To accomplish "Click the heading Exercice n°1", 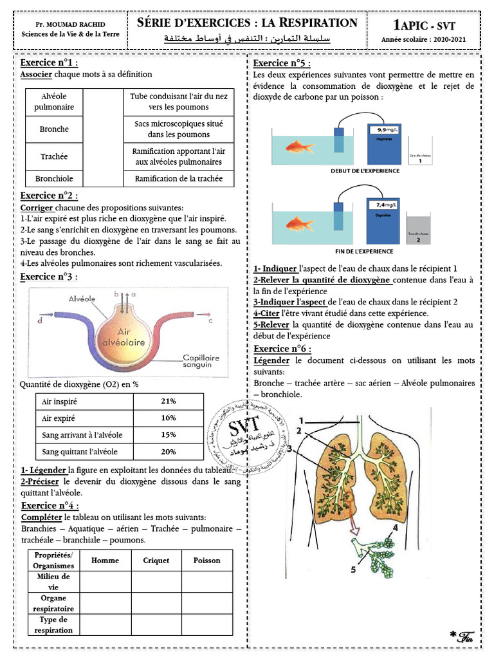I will pos(50,63).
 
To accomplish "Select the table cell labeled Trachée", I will pos(54,156).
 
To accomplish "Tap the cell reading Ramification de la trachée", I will pos(178,179).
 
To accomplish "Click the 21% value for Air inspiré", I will pos(169,401).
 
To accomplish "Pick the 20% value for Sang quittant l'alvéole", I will pos(169,451).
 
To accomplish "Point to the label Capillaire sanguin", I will pos(201,362).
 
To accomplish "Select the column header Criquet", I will pos(156,561).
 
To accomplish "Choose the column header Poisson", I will pos(206,561).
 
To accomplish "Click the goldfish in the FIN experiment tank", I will pos(299,224).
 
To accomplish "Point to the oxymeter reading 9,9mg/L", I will pos(384,129).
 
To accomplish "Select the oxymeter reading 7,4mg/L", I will pos(384,205).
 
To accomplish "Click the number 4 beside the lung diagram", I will pos(395,527).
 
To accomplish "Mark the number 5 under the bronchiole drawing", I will pos(353,570).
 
